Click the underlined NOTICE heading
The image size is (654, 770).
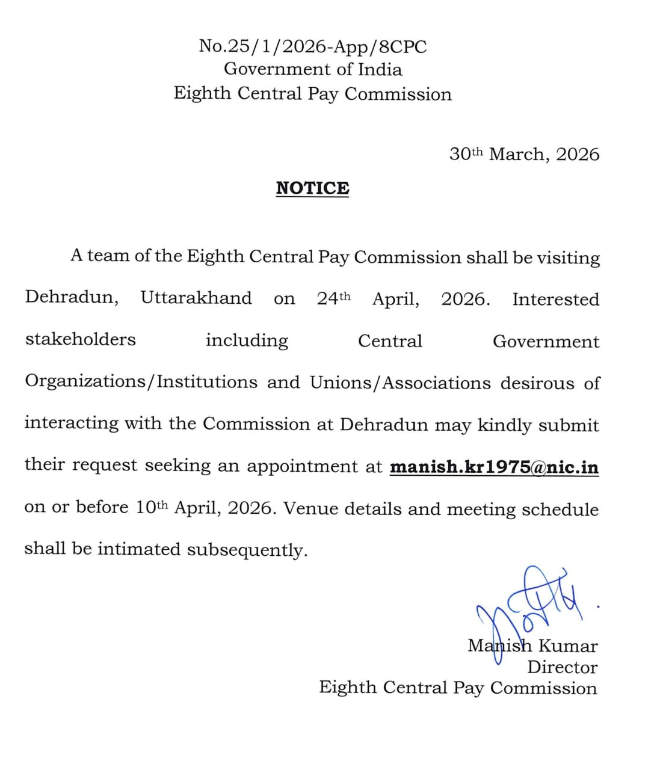[312, 188]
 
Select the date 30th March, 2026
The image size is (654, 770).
[524, 154]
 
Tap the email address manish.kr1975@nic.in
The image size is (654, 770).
[494, 467]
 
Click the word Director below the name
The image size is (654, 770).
[562, 667]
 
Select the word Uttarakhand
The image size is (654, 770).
[196, 298]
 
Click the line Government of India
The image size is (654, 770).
[312, 69]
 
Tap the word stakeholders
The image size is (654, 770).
[81, 339]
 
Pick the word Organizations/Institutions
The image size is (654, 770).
[141, 383]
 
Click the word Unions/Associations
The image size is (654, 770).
[400, 383]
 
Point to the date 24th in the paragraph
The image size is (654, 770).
[333, 298]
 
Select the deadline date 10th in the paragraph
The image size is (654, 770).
[151, 508]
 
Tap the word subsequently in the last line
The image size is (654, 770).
[247, 550]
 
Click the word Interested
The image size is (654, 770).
[555, 299]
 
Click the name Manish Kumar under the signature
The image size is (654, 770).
[532, 646]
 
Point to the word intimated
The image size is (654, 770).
[138, 549]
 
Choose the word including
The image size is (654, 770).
[247, 340]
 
